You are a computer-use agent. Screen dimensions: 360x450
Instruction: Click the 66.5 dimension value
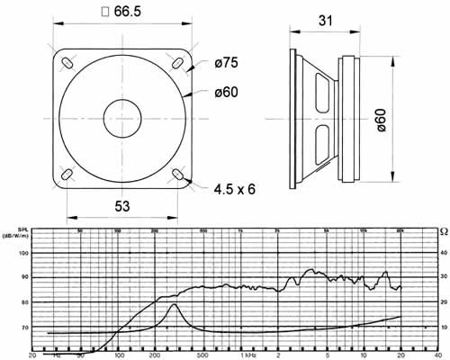[x=132, y=13]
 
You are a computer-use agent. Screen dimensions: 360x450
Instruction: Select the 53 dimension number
[x=121, y=206]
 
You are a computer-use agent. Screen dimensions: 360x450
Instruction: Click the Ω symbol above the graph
[x=442, y=231]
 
